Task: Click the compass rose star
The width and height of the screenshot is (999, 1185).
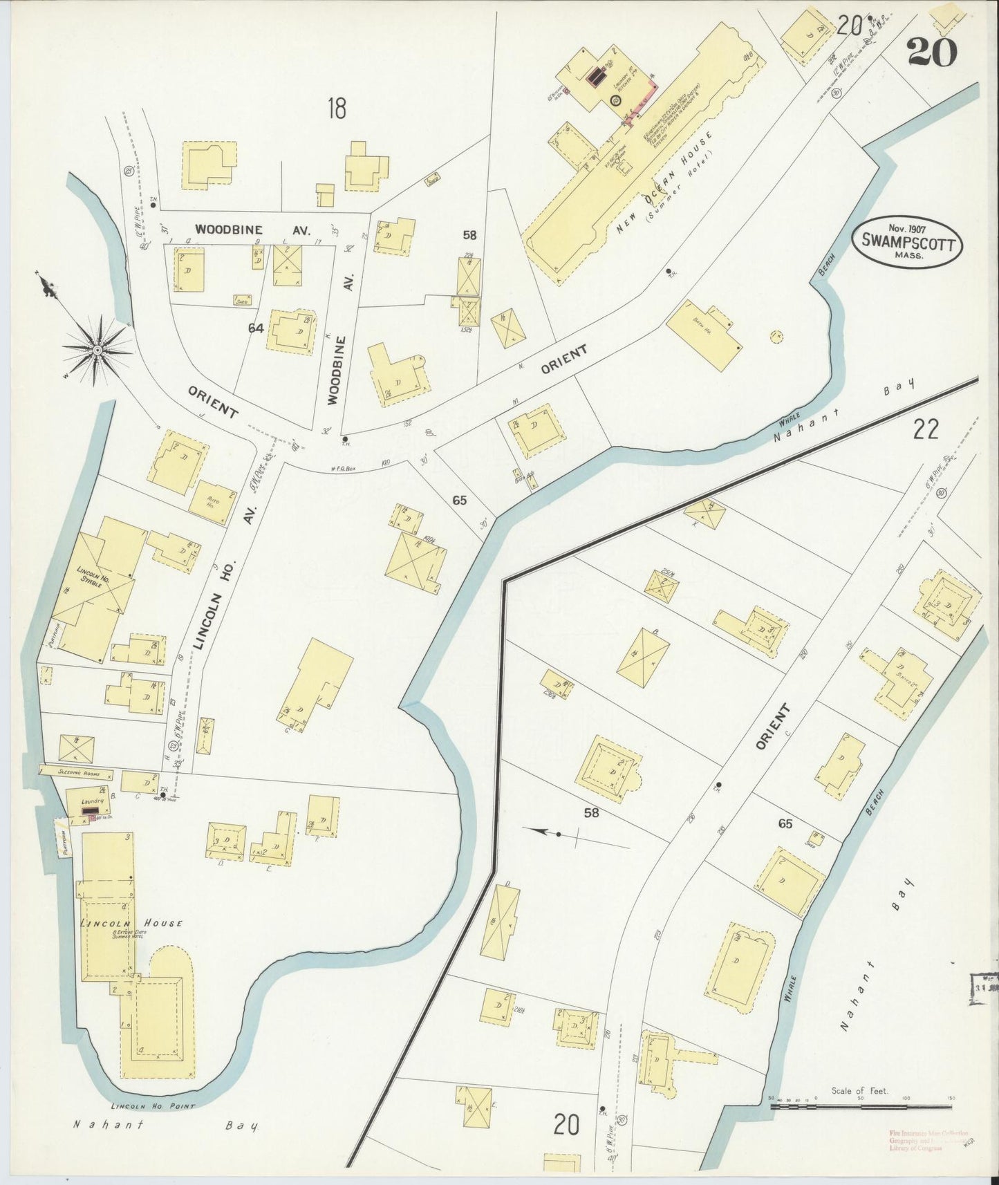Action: (x=97, y=351)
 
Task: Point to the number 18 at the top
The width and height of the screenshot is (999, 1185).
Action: (x=337, y=109)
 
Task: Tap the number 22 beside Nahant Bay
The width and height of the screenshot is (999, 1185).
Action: (x=926, y=430)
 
